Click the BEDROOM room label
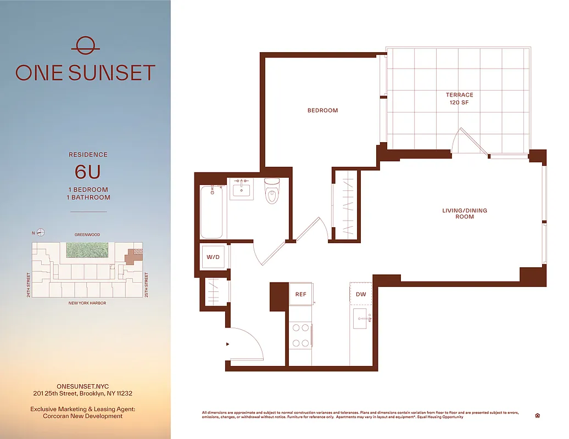322,110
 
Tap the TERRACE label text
459,95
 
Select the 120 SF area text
459,103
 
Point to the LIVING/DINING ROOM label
465,213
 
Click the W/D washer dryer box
213,257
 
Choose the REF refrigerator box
300,294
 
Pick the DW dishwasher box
361,294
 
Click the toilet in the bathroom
272,191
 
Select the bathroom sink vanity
241,189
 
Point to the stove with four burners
300,335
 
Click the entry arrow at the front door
227,344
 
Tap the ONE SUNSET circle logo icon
85,45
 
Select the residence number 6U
88,172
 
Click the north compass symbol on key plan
40,232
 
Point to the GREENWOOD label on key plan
87,235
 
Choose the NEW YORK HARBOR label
87,303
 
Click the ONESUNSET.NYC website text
82,386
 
